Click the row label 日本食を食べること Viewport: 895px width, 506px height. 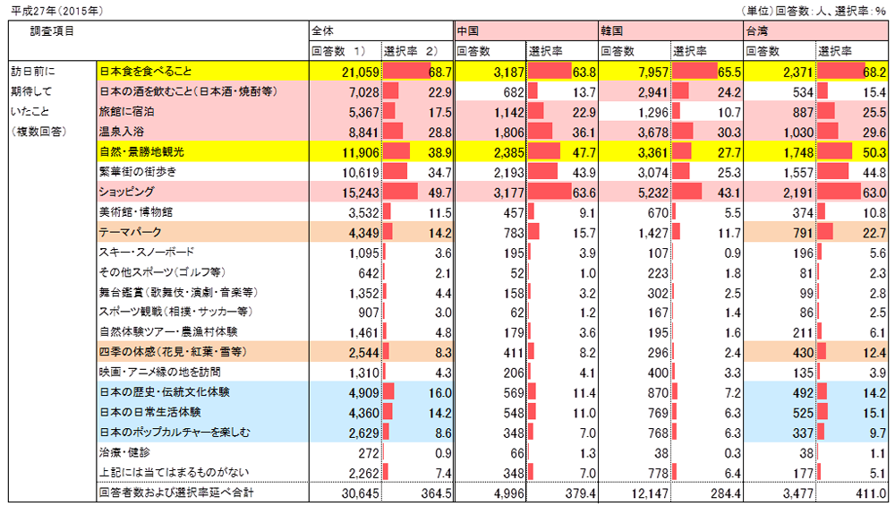point(146,70)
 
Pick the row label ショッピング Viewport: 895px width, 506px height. point(126,192)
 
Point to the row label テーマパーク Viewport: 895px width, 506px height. point(130,232)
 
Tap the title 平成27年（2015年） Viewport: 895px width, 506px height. point(55,10)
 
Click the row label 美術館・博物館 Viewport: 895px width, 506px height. point(136,212)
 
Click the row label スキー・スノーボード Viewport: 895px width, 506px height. point(146,253)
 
